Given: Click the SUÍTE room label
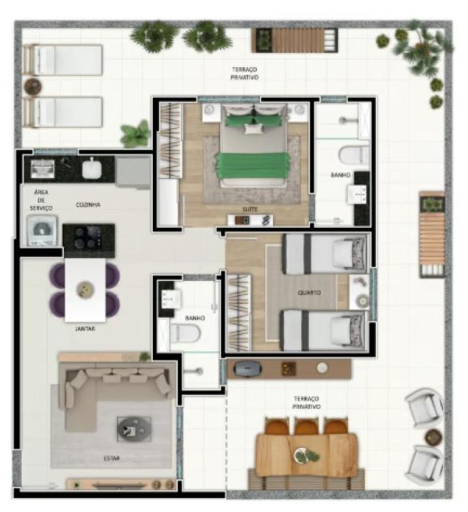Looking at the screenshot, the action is [x=250, y=209].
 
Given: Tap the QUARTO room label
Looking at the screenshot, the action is [x=309, y=292].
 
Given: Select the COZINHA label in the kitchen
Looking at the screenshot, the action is [x=88, y=205].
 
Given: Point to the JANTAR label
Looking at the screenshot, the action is [x=85, y=328].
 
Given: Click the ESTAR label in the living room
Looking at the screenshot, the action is [x=111, y=458].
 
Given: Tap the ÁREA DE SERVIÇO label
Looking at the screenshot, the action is [x=41, y=200].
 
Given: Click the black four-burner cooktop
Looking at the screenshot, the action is [x=89, y=237].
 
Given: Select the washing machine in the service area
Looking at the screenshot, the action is [x=42, y=230].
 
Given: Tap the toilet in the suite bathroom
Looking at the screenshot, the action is [x=354, y=155].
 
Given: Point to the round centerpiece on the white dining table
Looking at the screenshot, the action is [x=85, y=290].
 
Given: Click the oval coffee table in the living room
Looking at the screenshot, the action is [x=134, y=429].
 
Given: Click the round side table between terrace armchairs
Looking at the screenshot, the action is [x=433, y=436].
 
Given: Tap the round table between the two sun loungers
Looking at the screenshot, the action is [x=33, y=86].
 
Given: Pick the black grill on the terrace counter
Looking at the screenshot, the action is [x=247, y=369].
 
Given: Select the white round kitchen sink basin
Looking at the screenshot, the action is [x=91, y=169].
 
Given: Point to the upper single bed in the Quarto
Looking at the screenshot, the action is [x=325, y=254].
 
